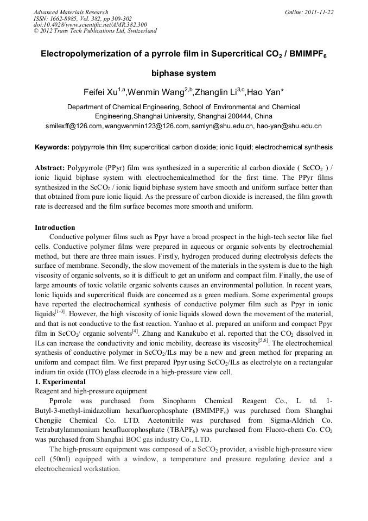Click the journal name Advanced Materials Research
click(x=71, y=12)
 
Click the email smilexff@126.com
click(x=74, y=126)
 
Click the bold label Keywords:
click(x=52, y=147)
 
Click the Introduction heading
click(x=55, y=228)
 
